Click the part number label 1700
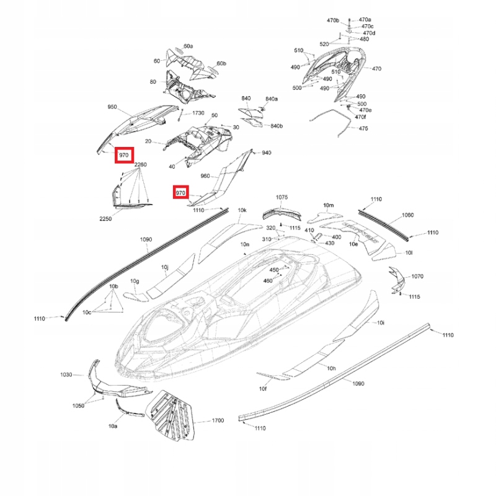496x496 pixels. [x=218, y=420]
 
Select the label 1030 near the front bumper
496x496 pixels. [x=66, y=374]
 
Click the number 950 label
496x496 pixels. [x=112, y=107]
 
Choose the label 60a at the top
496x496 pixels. [x=188, y=46]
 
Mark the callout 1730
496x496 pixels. [x=198, y=113]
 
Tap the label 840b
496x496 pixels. [x=276, y=126]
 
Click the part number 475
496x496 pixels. [x=363, y=128]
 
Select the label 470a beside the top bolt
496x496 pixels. [x=365, y=20]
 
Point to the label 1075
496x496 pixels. [x=282, y=197]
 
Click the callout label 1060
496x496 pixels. [x=407, y=215]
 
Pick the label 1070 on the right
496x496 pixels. [x=417, y=276]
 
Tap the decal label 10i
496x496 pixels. [x=381, y=323]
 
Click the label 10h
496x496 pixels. [x=331, y=369]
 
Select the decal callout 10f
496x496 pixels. [x=262, y=389]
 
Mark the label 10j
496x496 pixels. [x=165, y=267]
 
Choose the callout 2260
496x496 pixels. [x=141, y=164]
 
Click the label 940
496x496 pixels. [x=267, y=153]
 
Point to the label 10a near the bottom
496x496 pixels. [x=113, y=427]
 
